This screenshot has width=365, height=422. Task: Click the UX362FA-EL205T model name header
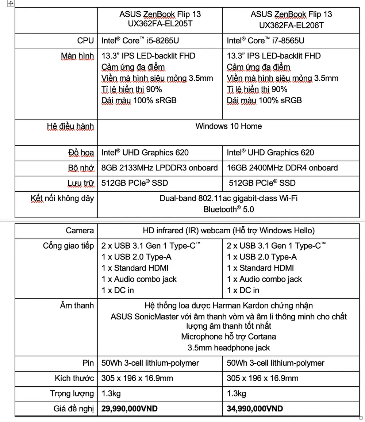pyautogui.click(x=160, y=20)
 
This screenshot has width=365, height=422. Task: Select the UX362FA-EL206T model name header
pyautogui.click(x=291, y=20)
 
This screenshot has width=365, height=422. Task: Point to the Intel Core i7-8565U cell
pyautogui.click(x=265, y=41)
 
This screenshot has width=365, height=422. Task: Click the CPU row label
pyautogui.click(x=85, y=41)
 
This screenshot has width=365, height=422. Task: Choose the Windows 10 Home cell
pyautogui.click(x=228, y=126)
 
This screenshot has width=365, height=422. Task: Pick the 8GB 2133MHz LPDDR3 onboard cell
pyautogui.click(x=160, y=168)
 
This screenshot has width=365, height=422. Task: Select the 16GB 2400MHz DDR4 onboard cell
pyautogui.click(x=282, y=168)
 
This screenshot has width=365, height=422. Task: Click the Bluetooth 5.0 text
pyautogui.click(x=228, y=210)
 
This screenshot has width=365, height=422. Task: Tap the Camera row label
pyautogui.click(x=80, y=231)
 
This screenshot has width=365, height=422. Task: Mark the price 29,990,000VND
pyautogui.click(x=129, y=408)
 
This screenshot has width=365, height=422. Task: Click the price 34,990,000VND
pyautogui.click(x=255, y=408)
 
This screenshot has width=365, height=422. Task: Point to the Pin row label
pyautogui.click(x=88, y=363)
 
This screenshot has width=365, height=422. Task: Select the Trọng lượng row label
pyautogui.click(x=72, y=394)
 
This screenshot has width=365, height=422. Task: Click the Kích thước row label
pyautogui.click(x=74, y=378)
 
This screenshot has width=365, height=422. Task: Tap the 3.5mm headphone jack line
pyautogui.click(x=228, y=348)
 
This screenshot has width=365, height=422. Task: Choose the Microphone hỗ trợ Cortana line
pyautogui.click(x=228, y=337)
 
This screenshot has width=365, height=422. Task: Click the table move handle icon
pyautogui.click(x=11, y=3)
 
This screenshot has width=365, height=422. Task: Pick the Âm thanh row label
pyautogui.click(x=77, y=306)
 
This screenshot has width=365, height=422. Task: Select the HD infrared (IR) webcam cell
pyautogui.click(x=228, y=231)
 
